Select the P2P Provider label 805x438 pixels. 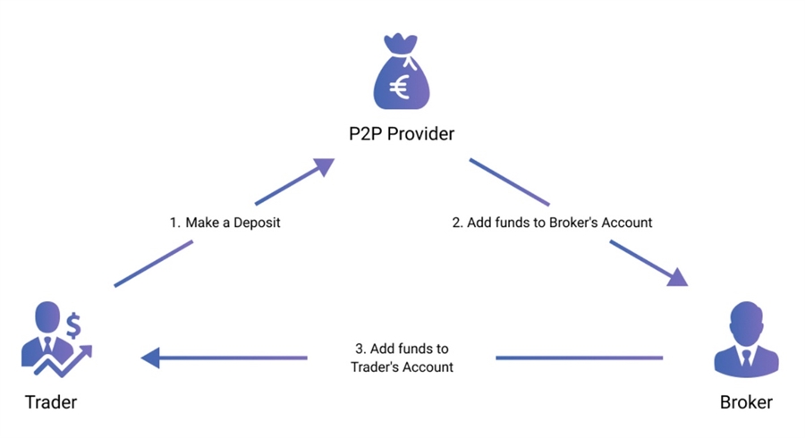(x=402, y=134)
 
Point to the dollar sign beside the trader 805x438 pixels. (x=74, y=320)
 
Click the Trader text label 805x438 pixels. (x=49, y=402)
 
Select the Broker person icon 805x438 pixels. (x=745, y=340)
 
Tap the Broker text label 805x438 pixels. (x=746, y=402)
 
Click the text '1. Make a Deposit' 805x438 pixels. (x=225, y=223)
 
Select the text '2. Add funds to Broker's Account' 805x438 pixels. (x=552, y=223)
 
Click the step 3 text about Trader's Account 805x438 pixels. (x=402, y=358)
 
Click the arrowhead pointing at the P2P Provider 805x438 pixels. (x=321, y=166)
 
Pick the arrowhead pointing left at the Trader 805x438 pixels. (x=151, y=358)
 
